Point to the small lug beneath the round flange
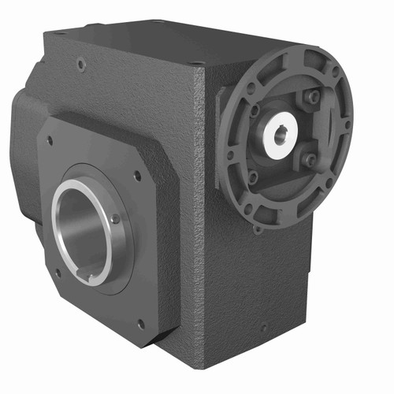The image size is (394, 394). click(x=257, y=229)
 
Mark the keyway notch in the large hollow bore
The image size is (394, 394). click(x=95, y=277)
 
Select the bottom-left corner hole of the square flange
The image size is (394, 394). click(x=57, y=273)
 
